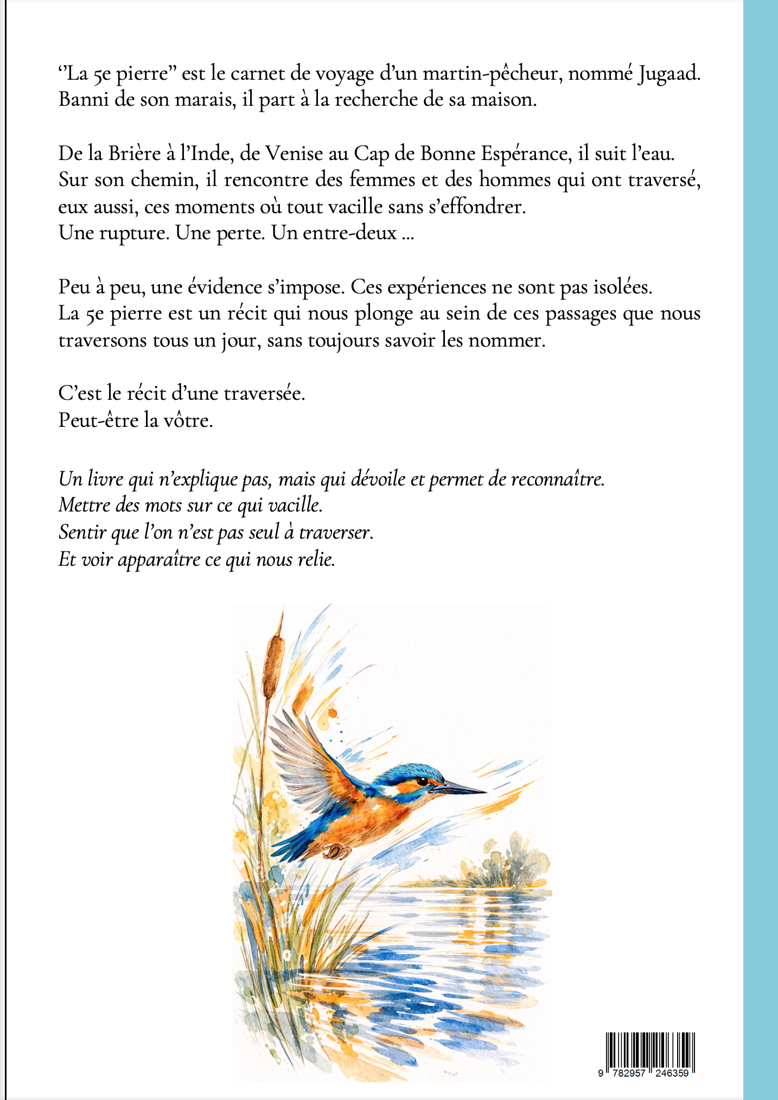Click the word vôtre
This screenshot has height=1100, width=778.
(x=189, y=420)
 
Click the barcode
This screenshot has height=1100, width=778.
(x=650, y=1052)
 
